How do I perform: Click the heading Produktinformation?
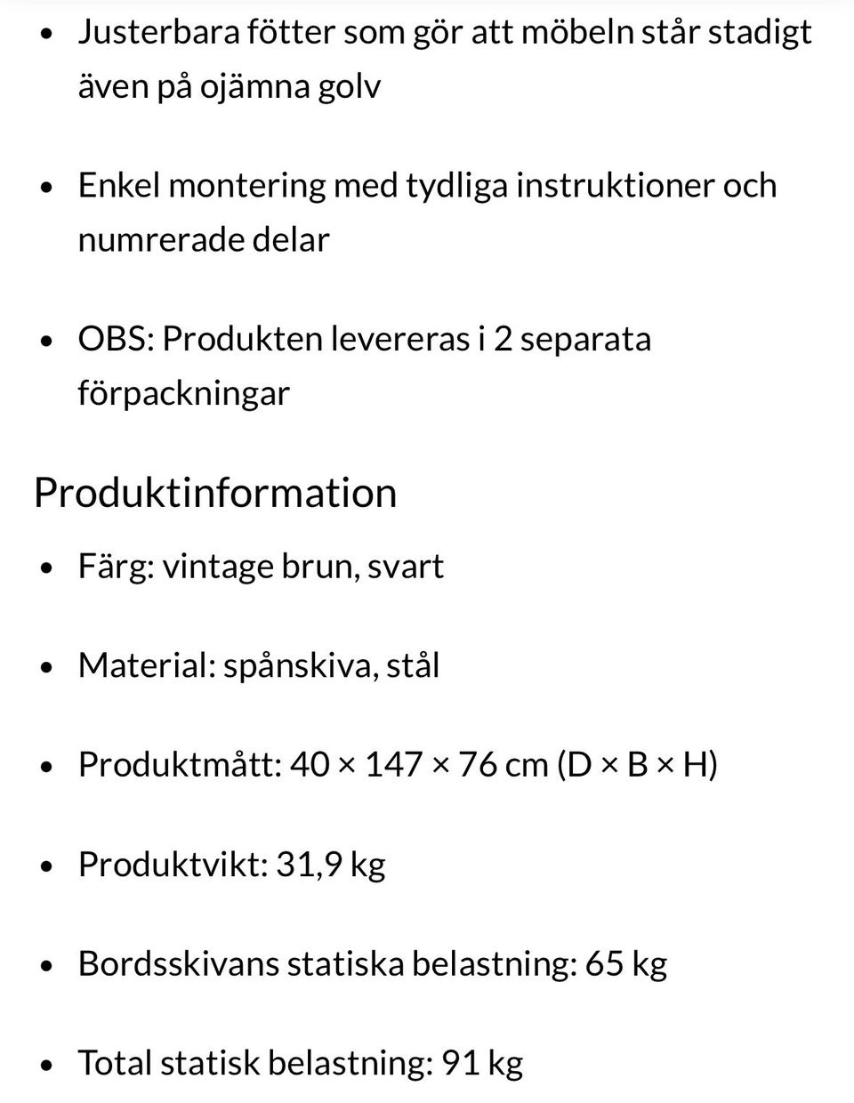[214, 493]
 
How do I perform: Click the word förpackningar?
[183, 393]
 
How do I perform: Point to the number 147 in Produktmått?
[393, 765]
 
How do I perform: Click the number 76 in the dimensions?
[478, 765]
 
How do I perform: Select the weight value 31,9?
[309, 865]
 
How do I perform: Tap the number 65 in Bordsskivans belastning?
[604, 964]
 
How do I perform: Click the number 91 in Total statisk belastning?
[460, 1063]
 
